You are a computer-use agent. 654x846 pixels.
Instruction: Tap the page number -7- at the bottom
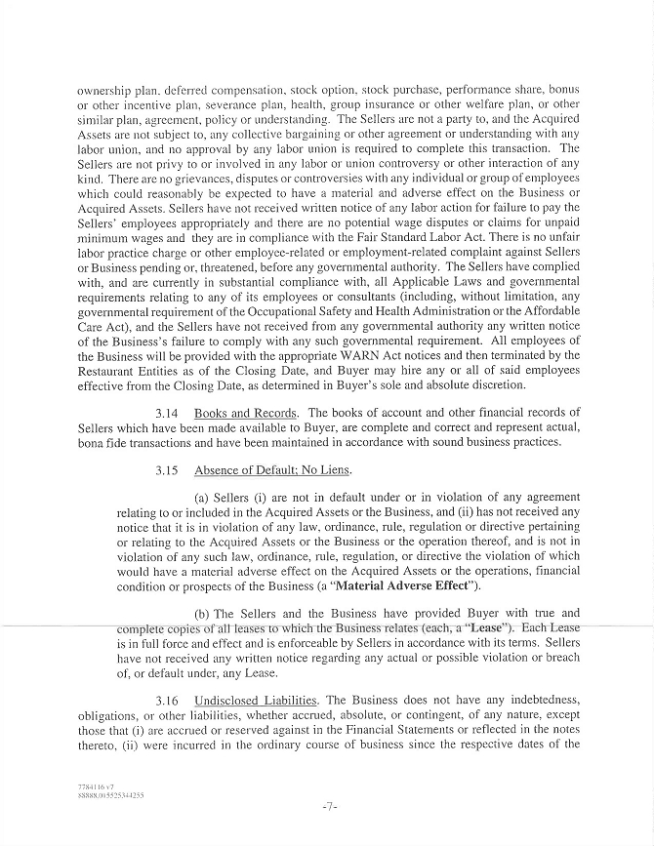coord(328,807)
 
